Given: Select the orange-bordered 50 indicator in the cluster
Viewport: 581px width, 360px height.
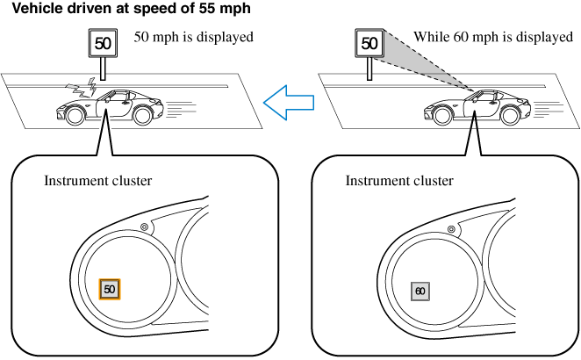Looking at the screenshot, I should [110, 288].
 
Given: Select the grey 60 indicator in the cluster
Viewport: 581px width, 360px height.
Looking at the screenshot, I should [420, 291].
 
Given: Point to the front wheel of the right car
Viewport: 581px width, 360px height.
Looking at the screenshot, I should [441, 114].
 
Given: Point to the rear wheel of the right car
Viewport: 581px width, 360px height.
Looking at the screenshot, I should [510, 114].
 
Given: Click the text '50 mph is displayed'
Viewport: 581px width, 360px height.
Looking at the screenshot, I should [193, 38].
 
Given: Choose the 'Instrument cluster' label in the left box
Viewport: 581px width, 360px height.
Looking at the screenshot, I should [98, 181].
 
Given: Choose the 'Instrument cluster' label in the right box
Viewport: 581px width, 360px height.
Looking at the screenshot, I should [399, 181].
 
